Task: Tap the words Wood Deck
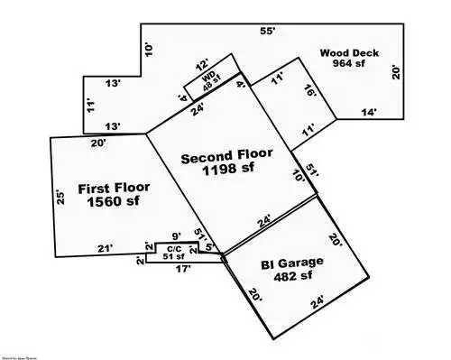pos(348,52)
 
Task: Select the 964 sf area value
pos(348,63)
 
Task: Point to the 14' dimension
pos(370,113)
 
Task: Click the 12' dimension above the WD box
pos(202,66)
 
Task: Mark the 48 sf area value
pos(212,88)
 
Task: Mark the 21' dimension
pos(106,249)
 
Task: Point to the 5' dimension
pos(208,247)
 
